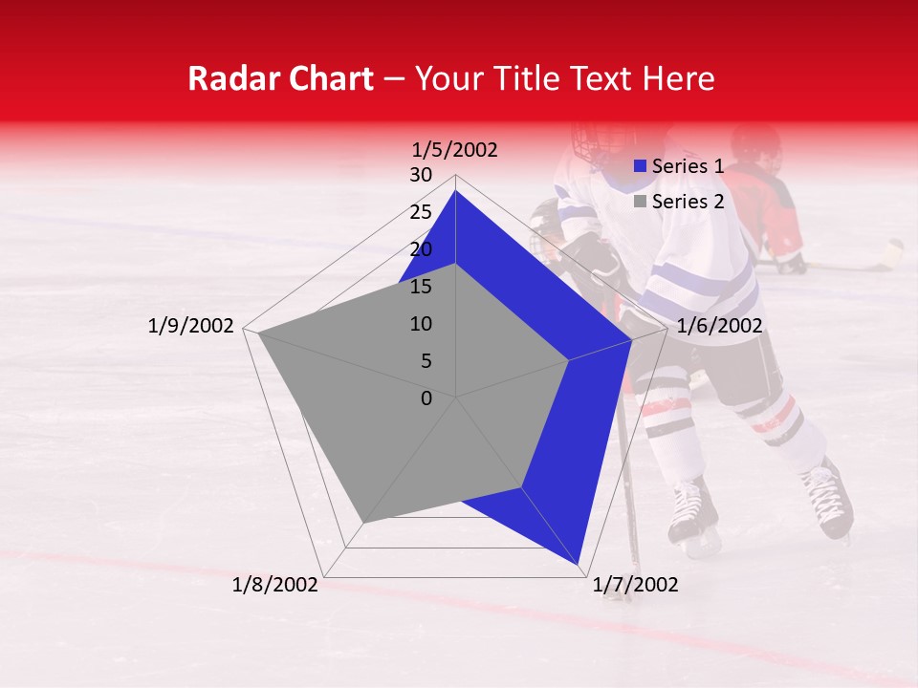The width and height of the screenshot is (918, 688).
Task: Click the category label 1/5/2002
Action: click(x=454, y=149)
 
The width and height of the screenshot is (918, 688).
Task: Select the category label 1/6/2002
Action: click(x=719, y=326)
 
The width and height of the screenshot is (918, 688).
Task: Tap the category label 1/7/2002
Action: click(x=635, y=585)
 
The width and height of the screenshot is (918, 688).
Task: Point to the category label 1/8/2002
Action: click(x=275, y=585)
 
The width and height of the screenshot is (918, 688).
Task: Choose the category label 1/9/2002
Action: click(x=191, y=326)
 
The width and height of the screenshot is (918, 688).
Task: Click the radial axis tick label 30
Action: click(x=421, y=175)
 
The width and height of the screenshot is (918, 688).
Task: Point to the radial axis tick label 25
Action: click(x=421, y=212)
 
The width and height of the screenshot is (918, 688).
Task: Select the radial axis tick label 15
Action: click(x=421, y=287)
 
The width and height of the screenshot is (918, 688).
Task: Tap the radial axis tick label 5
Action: click(x=426, y=361)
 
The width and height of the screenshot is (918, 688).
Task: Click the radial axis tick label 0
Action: click(x=426, y=398)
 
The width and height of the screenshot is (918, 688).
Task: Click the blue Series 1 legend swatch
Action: click(x=641, y=167)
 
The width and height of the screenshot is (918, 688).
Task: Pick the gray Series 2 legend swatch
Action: click(x=641, y=202)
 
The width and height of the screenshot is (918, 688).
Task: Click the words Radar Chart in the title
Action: click(x=280, y=78)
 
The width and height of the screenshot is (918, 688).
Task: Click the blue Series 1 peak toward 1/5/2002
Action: click(x=455, y=191)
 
